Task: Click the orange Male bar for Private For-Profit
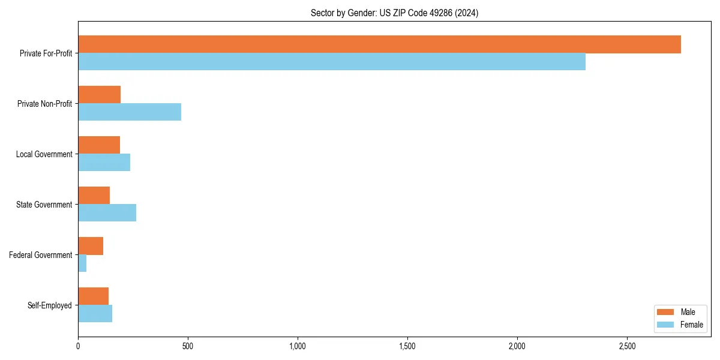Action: click(379, 44)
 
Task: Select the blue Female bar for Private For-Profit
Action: click(332, 62)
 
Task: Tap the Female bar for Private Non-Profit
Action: click(130, 112)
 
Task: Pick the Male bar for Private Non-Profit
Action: click(100, 95)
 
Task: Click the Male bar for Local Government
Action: click(99, 145)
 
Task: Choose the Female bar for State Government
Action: click(107, 213)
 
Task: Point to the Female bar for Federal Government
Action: click(82, 263)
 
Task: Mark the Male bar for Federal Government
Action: click(91, 246)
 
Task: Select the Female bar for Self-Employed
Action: click(95, 314)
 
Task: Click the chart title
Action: click(394, 13)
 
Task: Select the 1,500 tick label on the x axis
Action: click(407, 346)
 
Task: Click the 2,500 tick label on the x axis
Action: click(627, 346)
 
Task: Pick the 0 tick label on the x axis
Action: click(78, 346)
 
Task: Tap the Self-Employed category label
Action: click(50, 305)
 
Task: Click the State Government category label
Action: click(44, 205)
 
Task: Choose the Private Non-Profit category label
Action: click(45, 104)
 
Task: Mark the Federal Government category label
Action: click(41, 255)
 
